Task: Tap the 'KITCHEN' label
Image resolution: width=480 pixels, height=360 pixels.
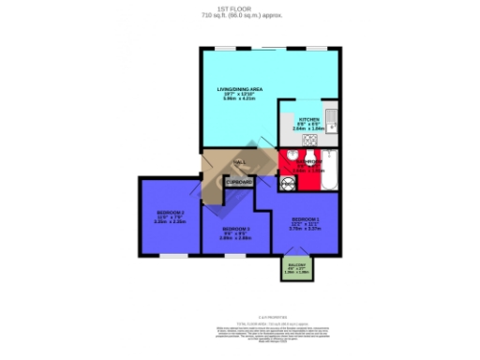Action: coord(308,121)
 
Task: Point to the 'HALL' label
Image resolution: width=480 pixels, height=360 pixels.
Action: coord(239,161)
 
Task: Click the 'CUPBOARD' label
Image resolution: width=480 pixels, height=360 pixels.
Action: coord(239,181)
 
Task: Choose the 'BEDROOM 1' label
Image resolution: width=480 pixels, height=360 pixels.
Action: coord(306,218)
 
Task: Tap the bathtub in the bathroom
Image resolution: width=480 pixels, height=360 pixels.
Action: coord(330,167)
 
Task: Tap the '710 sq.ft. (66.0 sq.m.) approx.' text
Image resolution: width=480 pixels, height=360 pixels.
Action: coord(239,17)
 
